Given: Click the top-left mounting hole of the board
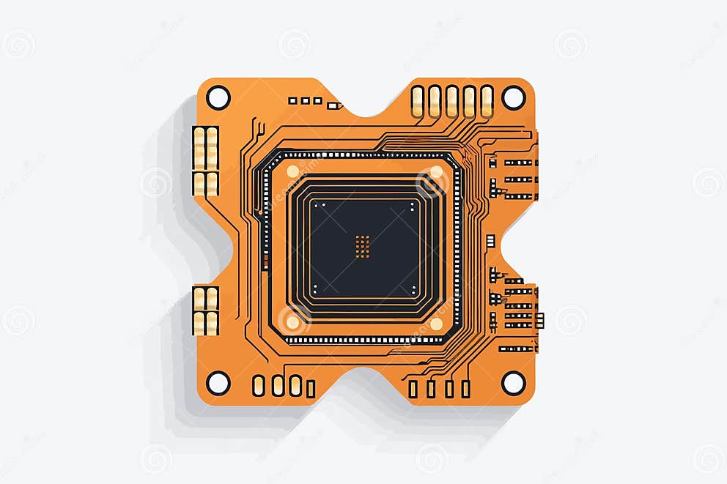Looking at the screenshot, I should click(x=218, y=97).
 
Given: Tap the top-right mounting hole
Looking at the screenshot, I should click(x=513, y=97).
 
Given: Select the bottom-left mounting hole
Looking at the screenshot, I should click(x=218, y=382).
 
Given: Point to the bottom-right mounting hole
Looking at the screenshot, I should click(x=513, y=382).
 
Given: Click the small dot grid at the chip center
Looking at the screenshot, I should click(x=362, y=246).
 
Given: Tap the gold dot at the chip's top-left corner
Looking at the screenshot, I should click(x=292, y=171).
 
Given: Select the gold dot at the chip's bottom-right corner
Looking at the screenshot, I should click(x=436, y=323).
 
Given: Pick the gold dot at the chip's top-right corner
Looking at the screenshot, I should click(x=436, y=171).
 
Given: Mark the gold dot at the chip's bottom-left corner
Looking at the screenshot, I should click(x=292, y=323).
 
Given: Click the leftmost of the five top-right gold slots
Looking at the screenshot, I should click(x=417, y=101).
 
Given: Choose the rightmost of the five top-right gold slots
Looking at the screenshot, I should click(x=487, y=101).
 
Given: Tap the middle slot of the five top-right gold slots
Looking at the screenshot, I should click(x=452, y=101).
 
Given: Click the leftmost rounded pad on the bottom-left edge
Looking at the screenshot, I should click(x=259, y=386).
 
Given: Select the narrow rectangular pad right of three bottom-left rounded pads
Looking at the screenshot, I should click(x=311, y=389).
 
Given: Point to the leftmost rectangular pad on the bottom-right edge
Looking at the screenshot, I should click(x=413, y=389).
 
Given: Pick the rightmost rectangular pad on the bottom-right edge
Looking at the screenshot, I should click(x=465, y=389).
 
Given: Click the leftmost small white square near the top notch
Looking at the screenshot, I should click(x=292, y=100).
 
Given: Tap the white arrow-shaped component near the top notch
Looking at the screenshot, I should click(x=334, y=105).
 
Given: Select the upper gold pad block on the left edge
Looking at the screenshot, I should click(x=205, y=161).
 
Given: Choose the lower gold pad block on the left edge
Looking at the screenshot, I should click(x=205, y=310).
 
